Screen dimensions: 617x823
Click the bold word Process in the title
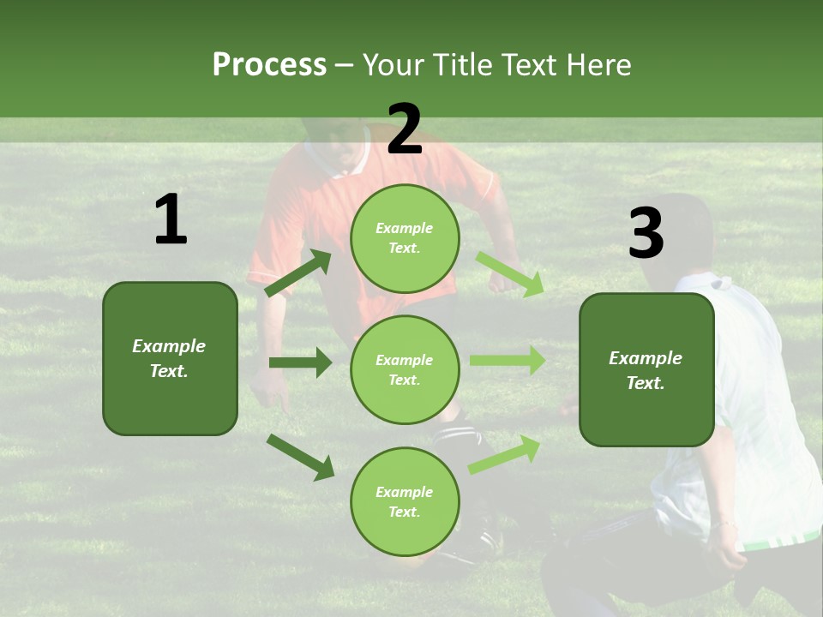(x=269, y=64)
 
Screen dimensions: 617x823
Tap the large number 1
(x=171, y=220)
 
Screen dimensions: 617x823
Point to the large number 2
(x=404, y=129)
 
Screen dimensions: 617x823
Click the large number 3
(x=646, y=234)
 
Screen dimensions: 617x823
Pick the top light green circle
(x=405, y=238)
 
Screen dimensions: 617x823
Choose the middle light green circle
(x=405, y=369)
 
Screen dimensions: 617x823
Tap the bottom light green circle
(x=405, y=501)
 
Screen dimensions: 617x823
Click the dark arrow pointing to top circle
(x=298, y=273)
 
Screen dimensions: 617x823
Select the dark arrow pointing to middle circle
(x=300, y=362)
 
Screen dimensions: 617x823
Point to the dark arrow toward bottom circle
(x=300, y=456)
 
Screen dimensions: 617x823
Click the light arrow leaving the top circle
(x=509, y=273)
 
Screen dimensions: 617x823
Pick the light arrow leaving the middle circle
(x=507, y=361)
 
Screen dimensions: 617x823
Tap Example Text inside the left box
(x=169, y=358)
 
